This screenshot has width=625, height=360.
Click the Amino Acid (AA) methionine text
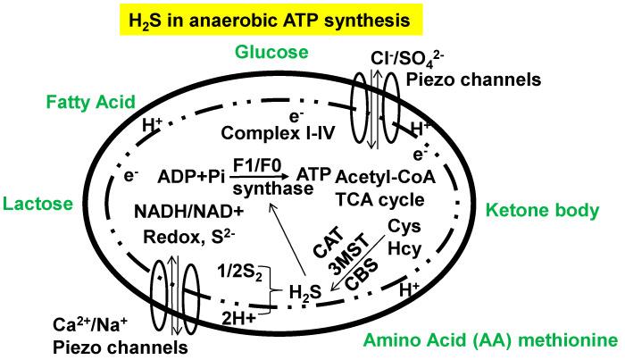pyautogui.click(x=490, y=340)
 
